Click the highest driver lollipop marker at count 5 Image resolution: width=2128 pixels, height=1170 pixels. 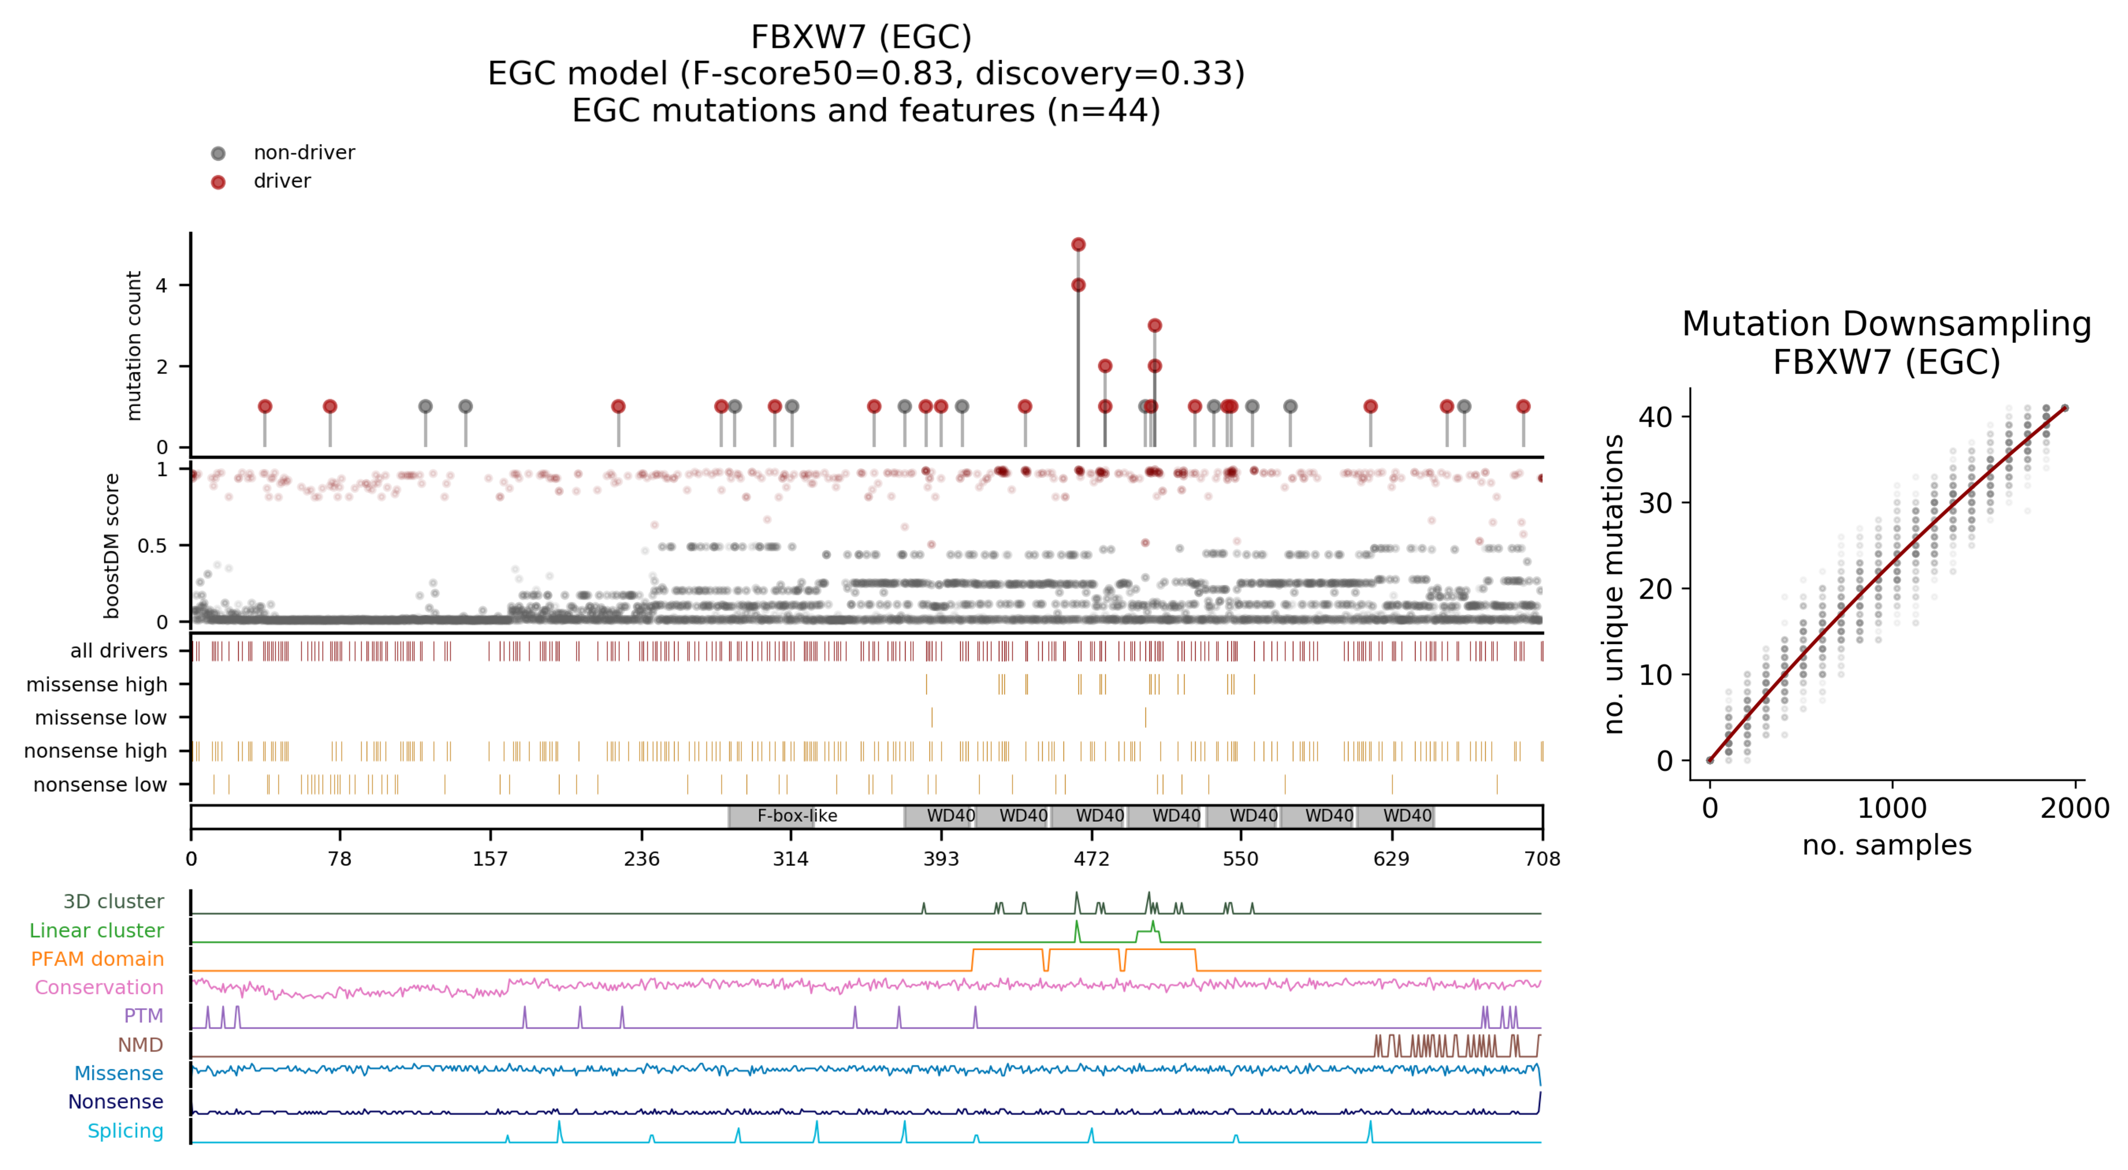(x=1078, y=244)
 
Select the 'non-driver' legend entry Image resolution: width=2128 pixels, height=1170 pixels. (x=303, y=153)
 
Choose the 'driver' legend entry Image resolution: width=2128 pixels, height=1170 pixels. (x=282, y=181)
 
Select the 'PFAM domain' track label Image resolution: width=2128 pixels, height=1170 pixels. (x=97, y=959)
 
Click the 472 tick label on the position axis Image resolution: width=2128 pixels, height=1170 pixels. (x=1091, y=859)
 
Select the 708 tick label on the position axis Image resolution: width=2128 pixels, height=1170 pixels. (x=1542, y=859)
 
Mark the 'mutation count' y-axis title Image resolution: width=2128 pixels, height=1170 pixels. (x=133, y=345)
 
